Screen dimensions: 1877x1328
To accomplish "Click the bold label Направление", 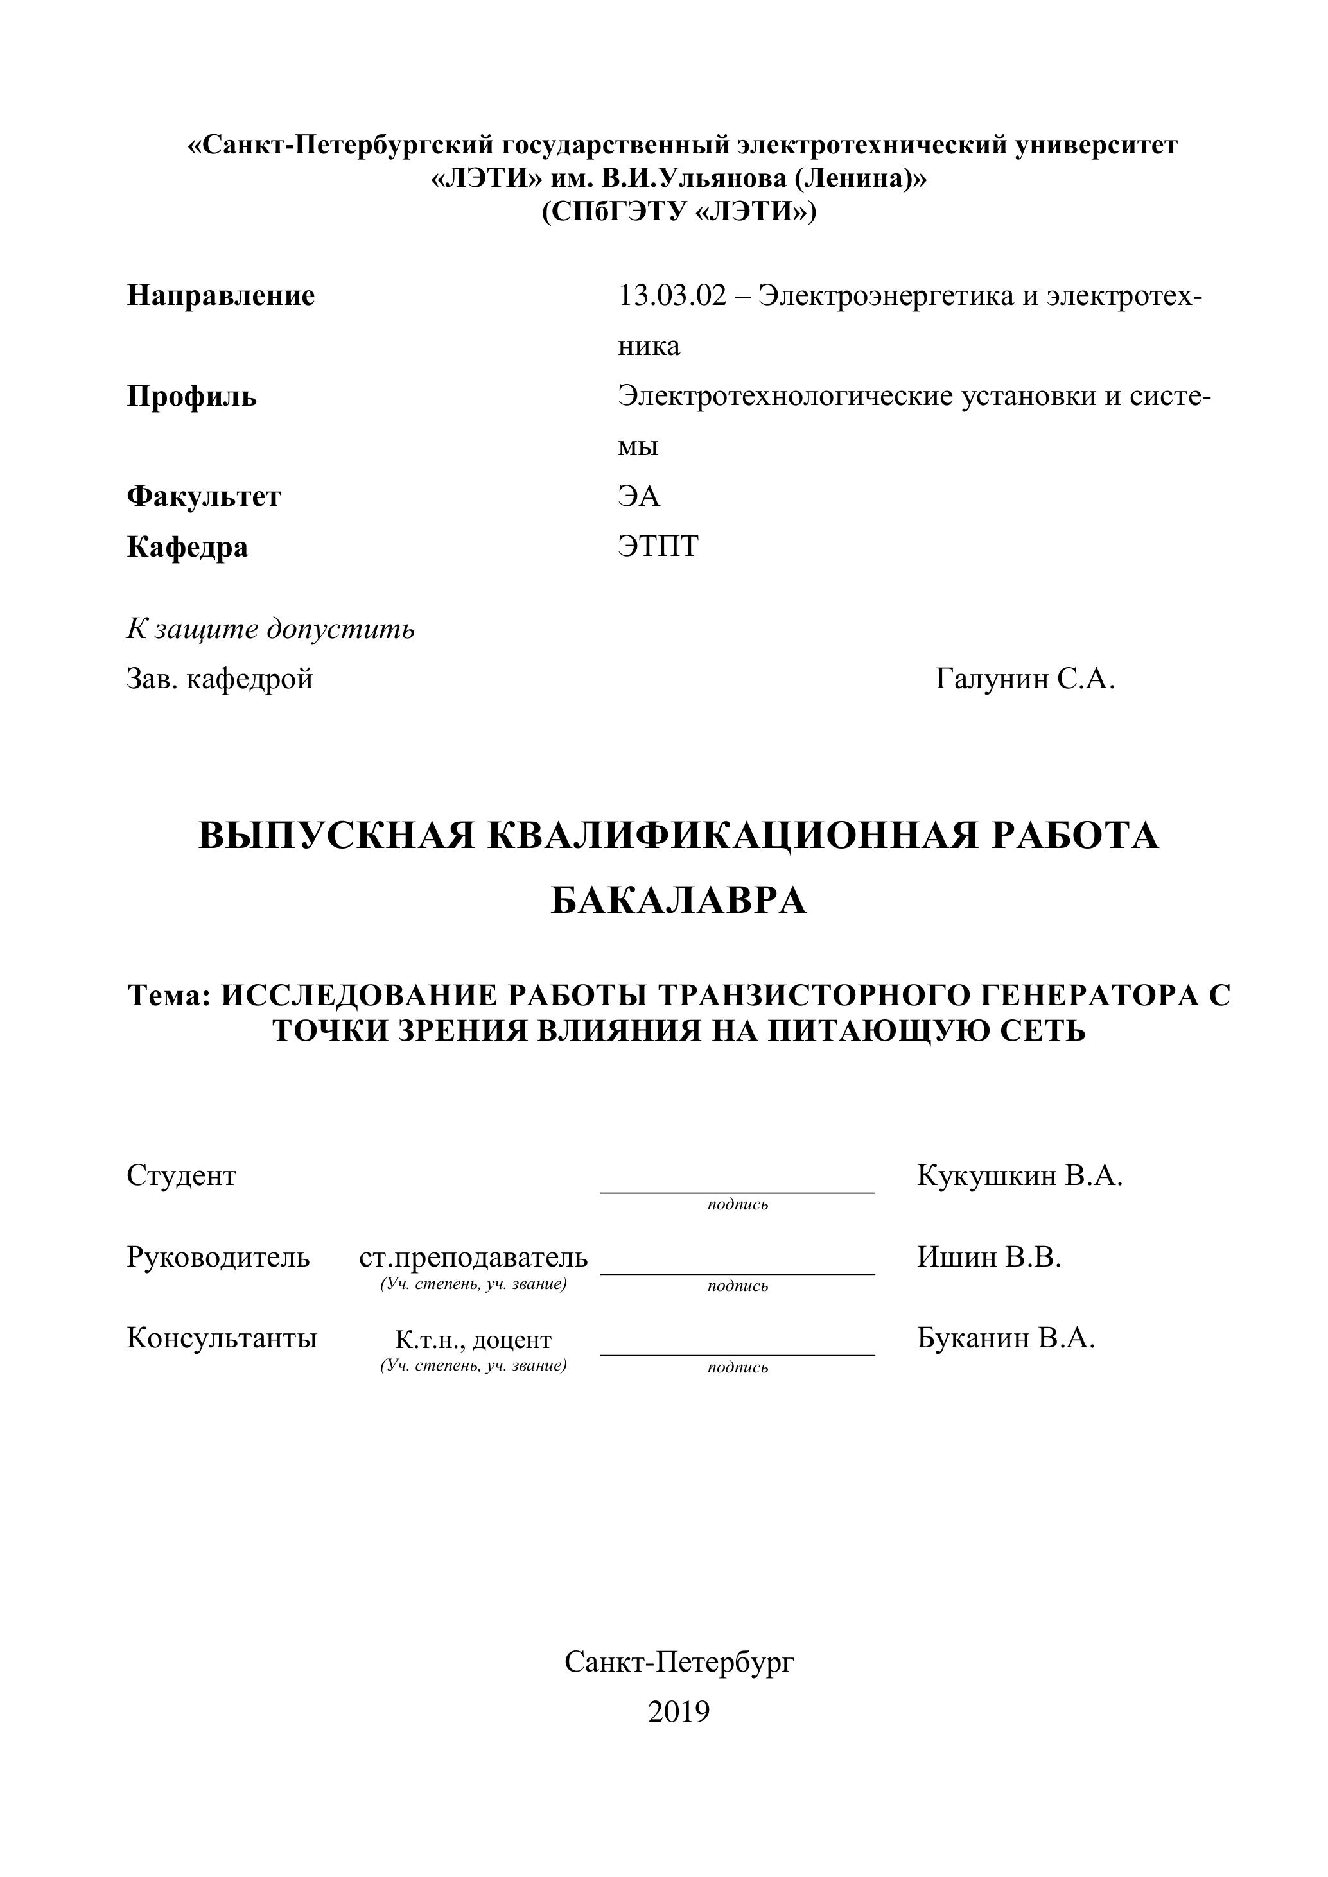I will pos(221,295).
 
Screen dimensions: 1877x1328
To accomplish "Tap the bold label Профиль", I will pos(191,397).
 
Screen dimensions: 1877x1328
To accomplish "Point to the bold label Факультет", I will pos(204,496).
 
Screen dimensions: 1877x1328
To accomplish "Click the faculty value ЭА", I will pos(639,496).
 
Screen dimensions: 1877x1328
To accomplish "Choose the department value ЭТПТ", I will pos(658,546).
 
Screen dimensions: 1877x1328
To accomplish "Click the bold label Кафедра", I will pos(188,546).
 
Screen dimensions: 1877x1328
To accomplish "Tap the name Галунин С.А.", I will pos(1026,679).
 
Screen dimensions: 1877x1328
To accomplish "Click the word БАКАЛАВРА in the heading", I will pos(679,901).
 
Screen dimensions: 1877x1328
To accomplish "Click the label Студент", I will pos(182,1175).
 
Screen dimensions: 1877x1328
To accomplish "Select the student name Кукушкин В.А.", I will pos(1020,1175).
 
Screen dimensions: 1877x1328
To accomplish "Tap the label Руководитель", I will pos(218,1256).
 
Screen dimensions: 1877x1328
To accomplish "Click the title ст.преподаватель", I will pos(473,1256).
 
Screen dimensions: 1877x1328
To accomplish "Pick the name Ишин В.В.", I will pos(989,1256).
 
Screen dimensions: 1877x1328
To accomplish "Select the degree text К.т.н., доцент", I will pos(473,1340).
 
